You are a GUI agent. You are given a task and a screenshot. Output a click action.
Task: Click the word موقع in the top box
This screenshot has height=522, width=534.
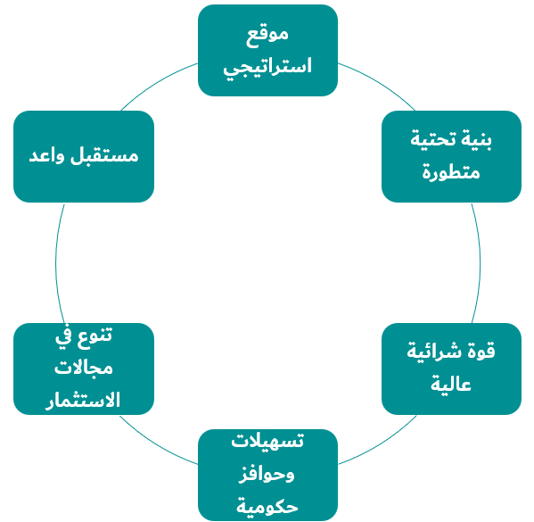pyautogui.click(x=267, y=36)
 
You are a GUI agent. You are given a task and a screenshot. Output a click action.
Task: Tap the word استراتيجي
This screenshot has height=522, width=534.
pyautogui.click(x=267, y=67)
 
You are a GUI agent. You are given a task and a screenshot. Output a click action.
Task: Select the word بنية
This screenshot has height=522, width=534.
pyautogui.click(x=477, y=139)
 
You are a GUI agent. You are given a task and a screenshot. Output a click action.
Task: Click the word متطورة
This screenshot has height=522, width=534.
pyautogui.click(x=451, y=172)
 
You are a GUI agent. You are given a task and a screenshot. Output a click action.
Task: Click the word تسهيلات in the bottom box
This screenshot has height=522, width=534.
pyautogui.click(x=267, y=441)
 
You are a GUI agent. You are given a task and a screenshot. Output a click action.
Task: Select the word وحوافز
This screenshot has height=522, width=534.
pyautogui.click(x=267, y=475)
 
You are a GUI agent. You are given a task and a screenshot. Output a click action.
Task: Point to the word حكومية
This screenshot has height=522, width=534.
pyautogui.click(x=267, y=507)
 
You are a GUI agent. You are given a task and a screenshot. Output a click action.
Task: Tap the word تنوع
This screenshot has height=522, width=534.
pyautogui.click(x=94, y=336)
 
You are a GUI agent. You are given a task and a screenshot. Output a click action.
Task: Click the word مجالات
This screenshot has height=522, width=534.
pyautogui.click(x=84, y=369)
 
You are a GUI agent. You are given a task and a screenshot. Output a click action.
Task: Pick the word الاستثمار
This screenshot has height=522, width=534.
pyautogui.click(x=83, y=400)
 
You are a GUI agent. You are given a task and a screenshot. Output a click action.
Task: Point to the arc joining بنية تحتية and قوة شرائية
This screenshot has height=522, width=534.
pyautogui.click(x=481, y=263)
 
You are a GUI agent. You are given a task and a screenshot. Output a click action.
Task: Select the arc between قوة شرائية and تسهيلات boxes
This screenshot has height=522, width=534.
pyautogui.click(x=380, y=443)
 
